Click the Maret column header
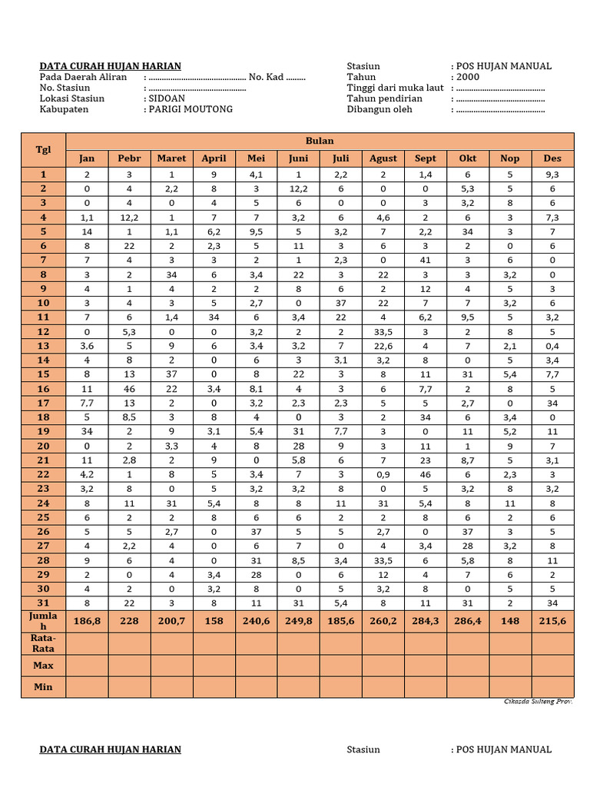[x=171, y=158]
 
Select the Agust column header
[x=383, y=158]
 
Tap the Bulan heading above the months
[x=320, y=141]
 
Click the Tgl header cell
[x=44, y=149]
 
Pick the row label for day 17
[x=44, y=403]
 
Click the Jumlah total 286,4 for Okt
[x=467, y=621]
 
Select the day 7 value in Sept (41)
[x=425, y=261]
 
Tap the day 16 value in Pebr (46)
[x=129, y=389]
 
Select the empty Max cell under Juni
[x=298, y=665]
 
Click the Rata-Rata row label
[x=44, y=643]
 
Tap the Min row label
[x=44, y=686]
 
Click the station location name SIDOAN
[x=166, y=98]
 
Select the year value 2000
[x=467, y=77]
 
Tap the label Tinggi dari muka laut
[x=395, y=88]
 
